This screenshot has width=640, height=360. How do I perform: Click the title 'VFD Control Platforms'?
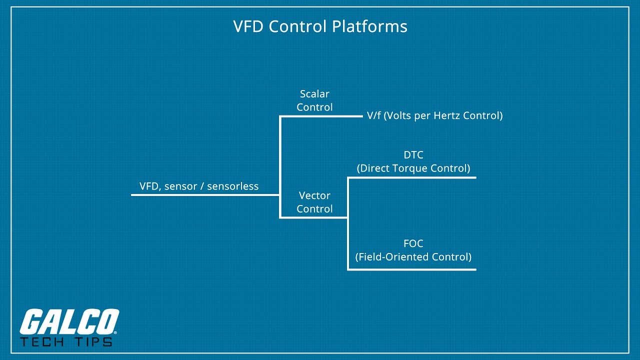pyautogui.click(x=320, y=26)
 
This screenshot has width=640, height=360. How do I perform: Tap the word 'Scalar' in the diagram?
pyautogui.click(x=314, y=94)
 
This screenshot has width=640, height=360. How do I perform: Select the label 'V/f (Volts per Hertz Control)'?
pyautogui.click(x=434, y=115)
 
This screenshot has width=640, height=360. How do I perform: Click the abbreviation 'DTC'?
pyautogui.click(x=413, y=155)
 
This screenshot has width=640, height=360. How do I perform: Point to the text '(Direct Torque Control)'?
pyautogui.click(x=413, y=168)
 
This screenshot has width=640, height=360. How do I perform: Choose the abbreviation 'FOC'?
pyautogui.click(x=413, y=244)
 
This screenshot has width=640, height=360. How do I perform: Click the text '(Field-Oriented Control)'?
pyautogui.click(x=413, y=257)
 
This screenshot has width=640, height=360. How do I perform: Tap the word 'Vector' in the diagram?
pyautogui.click(x=314, y=195)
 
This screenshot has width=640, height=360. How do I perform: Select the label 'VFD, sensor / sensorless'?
pyautogui.click(x=199, y=186)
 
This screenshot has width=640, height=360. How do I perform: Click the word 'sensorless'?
pyautogui.click(x=232, y=186)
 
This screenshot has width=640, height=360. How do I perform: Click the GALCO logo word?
pyautogui.click(x=69, y=322)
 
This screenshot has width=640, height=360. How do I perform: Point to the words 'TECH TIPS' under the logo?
pyautogui.click(x=66, y=341)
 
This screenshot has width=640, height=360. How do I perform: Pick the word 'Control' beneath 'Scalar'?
pyautogui.click(x=314, y=107)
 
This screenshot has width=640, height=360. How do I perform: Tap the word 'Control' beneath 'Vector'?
pyautogui.click(x=314, y=209)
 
